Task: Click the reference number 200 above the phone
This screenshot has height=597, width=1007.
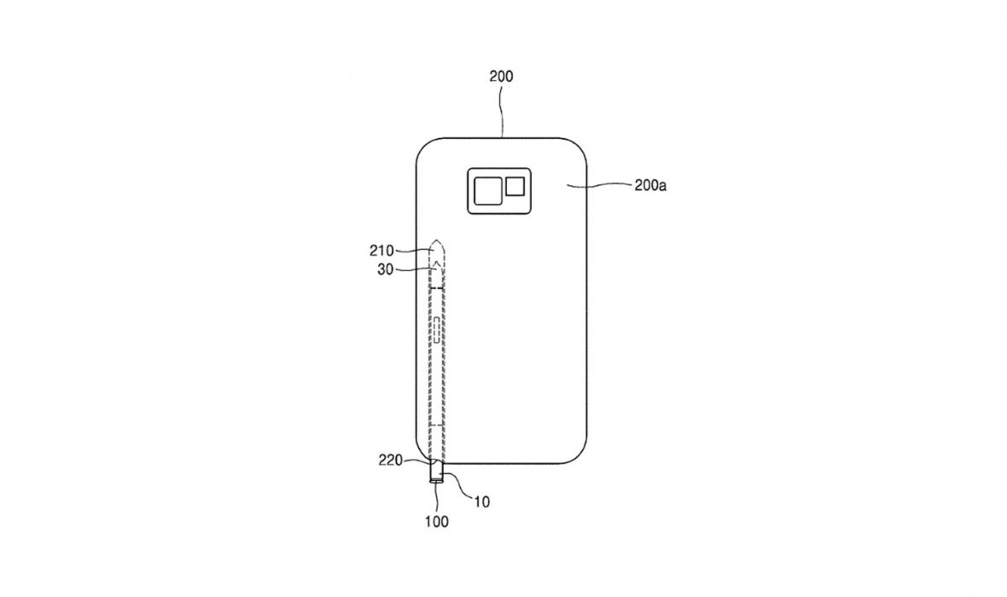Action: (501, 77)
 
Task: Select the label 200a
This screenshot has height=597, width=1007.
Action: (650, 186)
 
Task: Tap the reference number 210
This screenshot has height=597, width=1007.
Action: (381, 251)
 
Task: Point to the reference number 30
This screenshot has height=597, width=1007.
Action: (386, 270)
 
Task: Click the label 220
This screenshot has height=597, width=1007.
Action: (391, 461)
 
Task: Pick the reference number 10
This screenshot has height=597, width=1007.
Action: (481, 502)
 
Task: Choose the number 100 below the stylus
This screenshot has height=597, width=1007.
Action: (436, 522)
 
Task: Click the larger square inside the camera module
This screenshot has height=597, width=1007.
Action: (488, 191)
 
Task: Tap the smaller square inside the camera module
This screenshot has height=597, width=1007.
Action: (515, 186)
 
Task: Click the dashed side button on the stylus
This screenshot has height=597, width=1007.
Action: (437, 329)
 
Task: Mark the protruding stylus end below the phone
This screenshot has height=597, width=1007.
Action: (437, 472)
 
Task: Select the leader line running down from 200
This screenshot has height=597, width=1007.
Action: (502, 111)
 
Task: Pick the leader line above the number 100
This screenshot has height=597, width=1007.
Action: (436, 497)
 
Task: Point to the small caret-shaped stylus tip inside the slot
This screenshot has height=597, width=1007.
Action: (437, 264)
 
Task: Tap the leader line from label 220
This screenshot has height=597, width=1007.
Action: (418, 461)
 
